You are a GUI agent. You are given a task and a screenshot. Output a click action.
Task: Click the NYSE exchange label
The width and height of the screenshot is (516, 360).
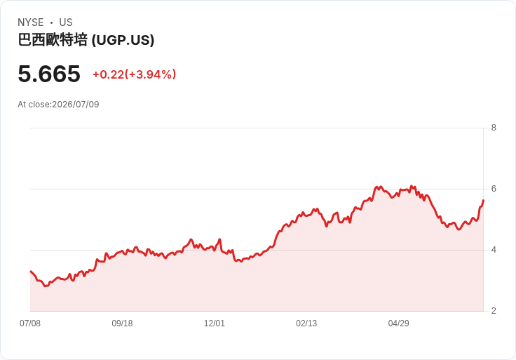[31, 22]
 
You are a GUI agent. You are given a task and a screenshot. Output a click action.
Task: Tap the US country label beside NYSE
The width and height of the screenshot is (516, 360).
[66, 22]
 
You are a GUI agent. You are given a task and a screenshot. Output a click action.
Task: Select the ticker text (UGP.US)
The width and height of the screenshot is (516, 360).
[123, 40]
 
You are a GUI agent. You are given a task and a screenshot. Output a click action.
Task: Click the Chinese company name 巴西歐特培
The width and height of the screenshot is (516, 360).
[53, 40]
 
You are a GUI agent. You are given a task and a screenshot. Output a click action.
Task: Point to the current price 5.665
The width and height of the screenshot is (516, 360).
[49, 74]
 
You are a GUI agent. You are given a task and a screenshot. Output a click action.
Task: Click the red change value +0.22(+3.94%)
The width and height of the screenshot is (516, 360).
[135, 74]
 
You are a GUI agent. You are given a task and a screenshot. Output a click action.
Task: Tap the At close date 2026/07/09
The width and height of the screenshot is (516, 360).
[76, 105]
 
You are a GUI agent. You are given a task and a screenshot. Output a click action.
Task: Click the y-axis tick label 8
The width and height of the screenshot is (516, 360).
[494, 128]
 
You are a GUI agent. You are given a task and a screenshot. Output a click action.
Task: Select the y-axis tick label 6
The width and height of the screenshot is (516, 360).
[494, 189]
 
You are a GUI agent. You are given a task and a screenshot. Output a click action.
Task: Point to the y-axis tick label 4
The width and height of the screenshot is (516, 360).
[494, 250]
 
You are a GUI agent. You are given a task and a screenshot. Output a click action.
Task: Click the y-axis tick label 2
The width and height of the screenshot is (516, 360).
[494, 311]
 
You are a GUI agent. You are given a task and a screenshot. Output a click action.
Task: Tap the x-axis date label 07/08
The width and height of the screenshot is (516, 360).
[30, 324]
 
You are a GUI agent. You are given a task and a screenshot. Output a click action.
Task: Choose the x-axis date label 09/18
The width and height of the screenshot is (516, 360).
[122, 324]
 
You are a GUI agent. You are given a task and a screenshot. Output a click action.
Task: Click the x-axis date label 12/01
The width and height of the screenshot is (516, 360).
[215, 324]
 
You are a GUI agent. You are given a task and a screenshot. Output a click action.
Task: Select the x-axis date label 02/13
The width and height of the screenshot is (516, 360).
[306, 324]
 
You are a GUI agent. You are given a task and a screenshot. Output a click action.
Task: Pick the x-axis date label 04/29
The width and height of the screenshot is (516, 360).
[398, 324]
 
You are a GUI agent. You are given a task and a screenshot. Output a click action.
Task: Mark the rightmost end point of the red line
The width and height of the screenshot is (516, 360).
[483, 200]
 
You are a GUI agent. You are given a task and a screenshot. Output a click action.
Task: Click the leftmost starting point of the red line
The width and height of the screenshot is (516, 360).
[31, 271]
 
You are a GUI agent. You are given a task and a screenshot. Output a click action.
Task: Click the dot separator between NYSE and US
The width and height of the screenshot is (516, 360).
[51, 22]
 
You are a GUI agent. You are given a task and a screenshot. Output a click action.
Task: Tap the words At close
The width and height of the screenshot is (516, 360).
[34, 105]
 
